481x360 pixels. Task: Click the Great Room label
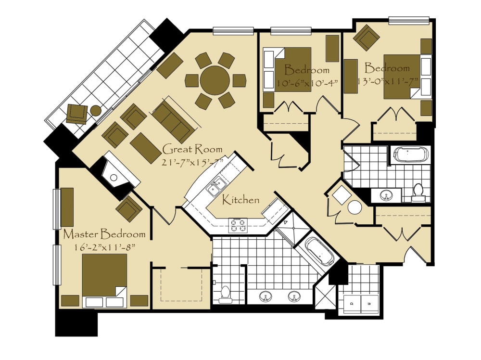point(192,149)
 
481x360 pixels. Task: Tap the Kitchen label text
point(241,200)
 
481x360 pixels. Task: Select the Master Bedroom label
point(104,234)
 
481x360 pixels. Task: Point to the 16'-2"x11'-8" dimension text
point(105,247)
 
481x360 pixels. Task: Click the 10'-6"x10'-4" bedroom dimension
point(307,83)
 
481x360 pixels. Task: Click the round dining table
point(215,80)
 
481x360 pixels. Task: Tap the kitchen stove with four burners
point(238,225)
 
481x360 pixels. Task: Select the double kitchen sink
point(216,187)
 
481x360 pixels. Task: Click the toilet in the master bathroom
point(226,295)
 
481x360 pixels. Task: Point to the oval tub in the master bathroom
point(320,251)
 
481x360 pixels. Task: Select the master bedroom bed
point(104,280)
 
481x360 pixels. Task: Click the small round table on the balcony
point(96,111)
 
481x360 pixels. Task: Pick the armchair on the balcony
point(76,114)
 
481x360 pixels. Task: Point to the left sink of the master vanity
point(266,296)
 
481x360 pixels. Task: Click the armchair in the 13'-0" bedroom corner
point(367,38)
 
